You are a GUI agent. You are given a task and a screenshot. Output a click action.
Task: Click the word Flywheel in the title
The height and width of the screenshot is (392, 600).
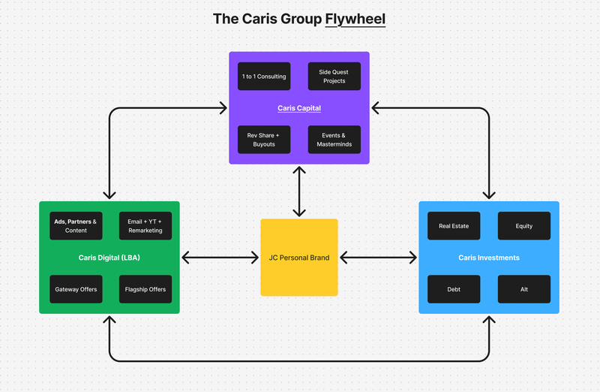pyautogui.click(x=355, y=19)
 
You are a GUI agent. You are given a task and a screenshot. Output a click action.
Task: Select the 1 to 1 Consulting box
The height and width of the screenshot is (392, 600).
pyautogui.click(x=264, y=77)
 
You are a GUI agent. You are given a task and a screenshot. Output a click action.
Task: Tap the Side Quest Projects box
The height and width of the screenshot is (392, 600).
pyautogui.click(x=334, y=77)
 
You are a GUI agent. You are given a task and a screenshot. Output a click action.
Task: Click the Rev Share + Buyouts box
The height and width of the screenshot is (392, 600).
pyautogui.click(x=264, y=140)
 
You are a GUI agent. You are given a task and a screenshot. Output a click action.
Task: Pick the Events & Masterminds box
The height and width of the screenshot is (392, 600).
pyautogui.click(x=334, y=140)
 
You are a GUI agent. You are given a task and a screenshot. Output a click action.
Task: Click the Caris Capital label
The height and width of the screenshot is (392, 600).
pyautogui.click(x=299, y=108)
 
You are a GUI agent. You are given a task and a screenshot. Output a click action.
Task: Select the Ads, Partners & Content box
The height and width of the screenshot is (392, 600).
pyautogui.click(x=76, y=226)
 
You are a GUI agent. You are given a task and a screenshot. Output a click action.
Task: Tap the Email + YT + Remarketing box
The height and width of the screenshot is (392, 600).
pyautogui.click(x=145, y=226)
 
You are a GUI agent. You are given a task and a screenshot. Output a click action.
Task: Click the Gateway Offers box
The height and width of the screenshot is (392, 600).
pyautogui.click(x=76, y=289)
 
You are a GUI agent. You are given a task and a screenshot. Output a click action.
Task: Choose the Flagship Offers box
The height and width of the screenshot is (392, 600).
pyautogui.click(x=145, y=289)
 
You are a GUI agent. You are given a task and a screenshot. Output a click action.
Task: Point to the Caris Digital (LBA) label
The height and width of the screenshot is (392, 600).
pyautogui.click(x=109, y=258)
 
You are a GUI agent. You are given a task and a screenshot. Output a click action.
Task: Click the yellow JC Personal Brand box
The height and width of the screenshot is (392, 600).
pyautogui.click(x=299, y=258)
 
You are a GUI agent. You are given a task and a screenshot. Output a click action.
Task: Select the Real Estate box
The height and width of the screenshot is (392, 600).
pyautogui.click(x=454, y=226)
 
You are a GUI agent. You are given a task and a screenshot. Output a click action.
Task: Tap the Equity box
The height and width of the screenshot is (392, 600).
pyautogui.click(x=523, y=226)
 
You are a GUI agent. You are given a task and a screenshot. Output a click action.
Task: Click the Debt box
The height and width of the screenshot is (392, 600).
pyautogui.click(x=454, y=289)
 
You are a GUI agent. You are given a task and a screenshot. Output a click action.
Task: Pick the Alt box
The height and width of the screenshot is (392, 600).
pyautogui.click(x=523, y=289)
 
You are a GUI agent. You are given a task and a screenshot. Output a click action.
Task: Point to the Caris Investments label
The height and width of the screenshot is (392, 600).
pyautogui.click(x=489, y=258)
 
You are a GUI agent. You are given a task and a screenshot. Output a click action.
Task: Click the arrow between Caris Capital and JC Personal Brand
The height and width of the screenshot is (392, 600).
pyautogui.click(x=299, y=191)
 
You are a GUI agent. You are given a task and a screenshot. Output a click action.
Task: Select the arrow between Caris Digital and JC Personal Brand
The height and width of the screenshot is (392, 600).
pyautogui.click(x=220, y=258)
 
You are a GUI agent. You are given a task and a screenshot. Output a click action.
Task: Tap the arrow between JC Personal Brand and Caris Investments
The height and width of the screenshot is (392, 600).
pyautogui.click(x=379, y=258)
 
